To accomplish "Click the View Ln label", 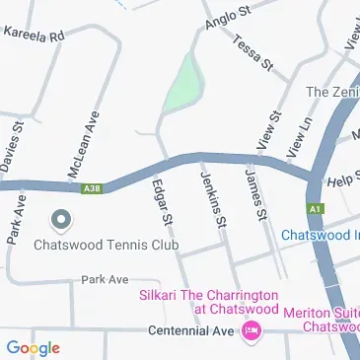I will pos(299,136).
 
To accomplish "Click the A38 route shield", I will pos(93,187).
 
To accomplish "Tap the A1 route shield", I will pos(315,209).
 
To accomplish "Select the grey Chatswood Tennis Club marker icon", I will pos(59,218).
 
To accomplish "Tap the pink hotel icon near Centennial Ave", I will pos(252,330).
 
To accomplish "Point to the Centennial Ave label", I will pos(191,330).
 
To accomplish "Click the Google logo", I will pos(33,347).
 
